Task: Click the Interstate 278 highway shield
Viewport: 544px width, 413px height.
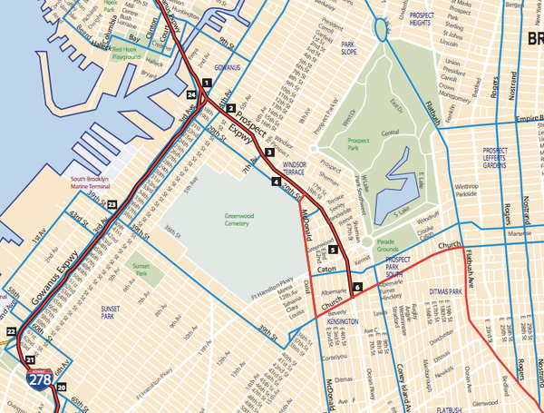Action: pyautogui.click(x=39, y=381)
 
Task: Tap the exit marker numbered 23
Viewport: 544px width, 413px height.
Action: pyautogui.click(x=112, y=207)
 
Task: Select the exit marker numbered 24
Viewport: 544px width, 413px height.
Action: pyautogui.click(x=191, y=95)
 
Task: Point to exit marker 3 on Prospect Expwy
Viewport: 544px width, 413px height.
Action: pyautogui.click(x=269, y=152)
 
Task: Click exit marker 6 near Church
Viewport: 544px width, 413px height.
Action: pyautogui.click(x=357, y=288)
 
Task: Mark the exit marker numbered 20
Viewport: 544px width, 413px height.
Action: pyautogui.click(x=62, y=388)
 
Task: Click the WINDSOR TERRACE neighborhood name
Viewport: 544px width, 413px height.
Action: pyautogui.click(x=301, y=169)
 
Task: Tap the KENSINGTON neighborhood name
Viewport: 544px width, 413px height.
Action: pyautogui.click(x=336, y=322)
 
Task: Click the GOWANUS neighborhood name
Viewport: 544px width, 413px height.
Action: pyautogui.click(x=219, y=67)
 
